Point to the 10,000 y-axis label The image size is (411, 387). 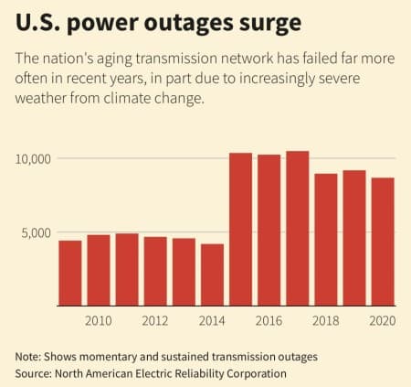35,158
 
